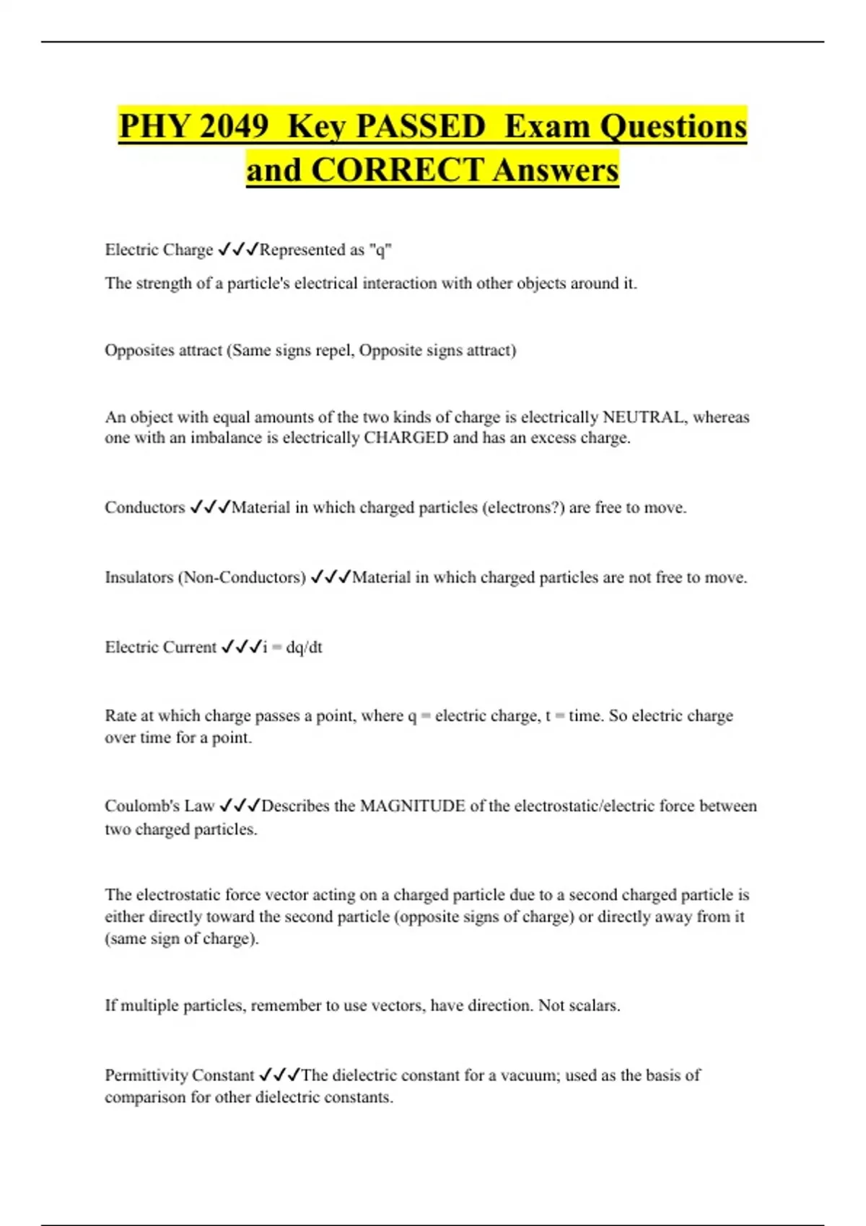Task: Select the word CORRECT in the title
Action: [398, 171]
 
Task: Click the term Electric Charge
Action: [159, 250]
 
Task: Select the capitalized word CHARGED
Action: [406, 438]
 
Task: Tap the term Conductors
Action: [145, 508]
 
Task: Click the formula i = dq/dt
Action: [292, 648]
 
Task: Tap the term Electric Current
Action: [160, 648]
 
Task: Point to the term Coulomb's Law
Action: [159, 806]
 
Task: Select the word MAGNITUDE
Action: [413, 806]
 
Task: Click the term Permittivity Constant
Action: [179, 1075]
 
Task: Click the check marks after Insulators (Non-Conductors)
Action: [331, 578]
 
